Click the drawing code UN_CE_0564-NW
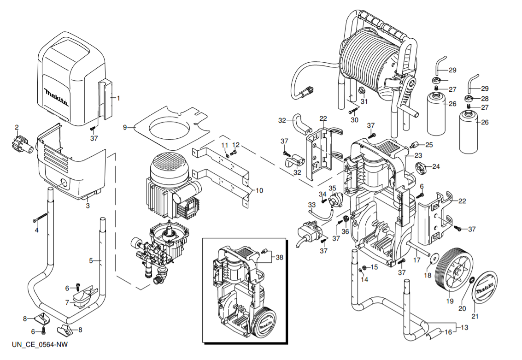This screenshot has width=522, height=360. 40,345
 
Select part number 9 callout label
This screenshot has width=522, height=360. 125,127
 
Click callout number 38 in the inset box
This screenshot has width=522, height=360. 279,257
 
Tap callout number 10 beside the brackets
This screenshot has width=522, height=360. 259,190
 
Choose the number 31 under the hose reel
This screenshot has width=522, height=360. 364,101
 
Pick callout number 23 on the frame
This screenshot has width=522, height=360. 418,155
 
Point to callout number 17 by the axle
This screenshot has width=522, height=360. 416,260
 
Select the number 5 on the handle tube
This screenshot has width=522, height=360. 91,260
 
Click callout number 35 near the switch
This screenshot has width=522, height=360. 332,188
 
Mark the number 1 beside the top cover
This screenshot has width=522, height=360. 118,98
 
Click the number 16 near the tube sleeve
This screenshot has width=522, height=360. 448,332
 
